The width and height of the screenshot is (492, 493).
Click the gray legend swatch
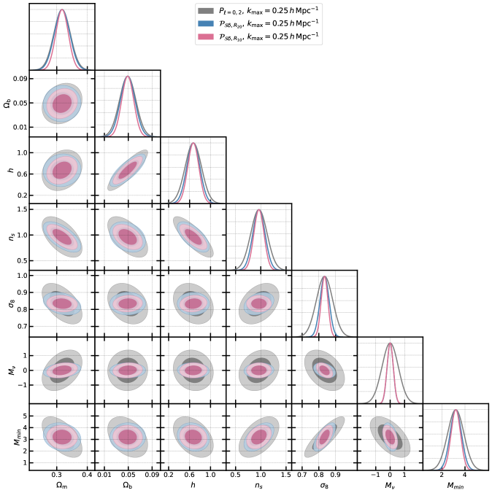point(204,10)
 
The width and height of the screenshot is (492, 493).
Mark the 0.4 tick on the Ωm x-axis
point(86,474)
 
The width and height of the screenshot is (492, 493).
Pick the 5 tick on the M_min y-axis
point(23,415)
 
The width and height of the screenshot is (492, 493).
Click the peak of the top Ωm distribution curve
point(62,10)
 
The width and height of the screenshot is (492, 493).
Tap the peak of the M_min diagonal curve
point(456,410)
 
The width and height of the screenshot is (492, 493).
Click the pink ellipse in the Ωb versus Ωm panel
point(62,103)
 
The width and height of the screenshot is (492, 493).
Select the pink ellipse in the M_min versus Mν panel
point(391,437)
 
